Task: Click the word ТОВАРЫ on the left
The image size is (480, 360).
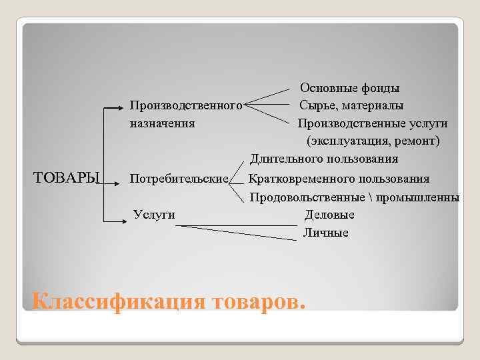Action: pyautogui.click(x=66, y=178)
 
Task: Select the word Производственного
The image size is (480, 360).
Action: pyautogui.click(x=185, y=106)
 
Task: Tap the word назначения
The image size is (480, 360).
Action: pyautogui.click(x=162, y=123)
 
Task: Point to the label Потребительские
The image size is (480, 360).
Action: pyautogui.click(x=179, y=179)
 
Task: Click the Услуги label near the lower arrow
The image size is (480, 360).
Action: pyautogui.click(x=154, y=214)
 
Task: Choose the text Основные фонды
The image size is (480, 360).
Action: pyautogui.click(x=349, y=88)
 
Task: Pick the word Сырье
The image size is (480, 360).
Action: pyautogui.click(x=317, y=106)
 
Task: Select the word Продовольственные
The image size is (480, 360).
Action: pyautogui.click(x=307, y=197)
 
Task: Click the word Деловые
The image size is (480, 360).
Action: pyautogui.click(x=329, y=215)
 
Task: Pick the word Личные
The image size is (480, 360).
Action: pyautogui.click(x=326, y=233)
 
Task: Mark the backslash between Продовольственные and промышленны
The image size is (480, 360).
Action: pyautogui.click(x=369, y=197)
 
